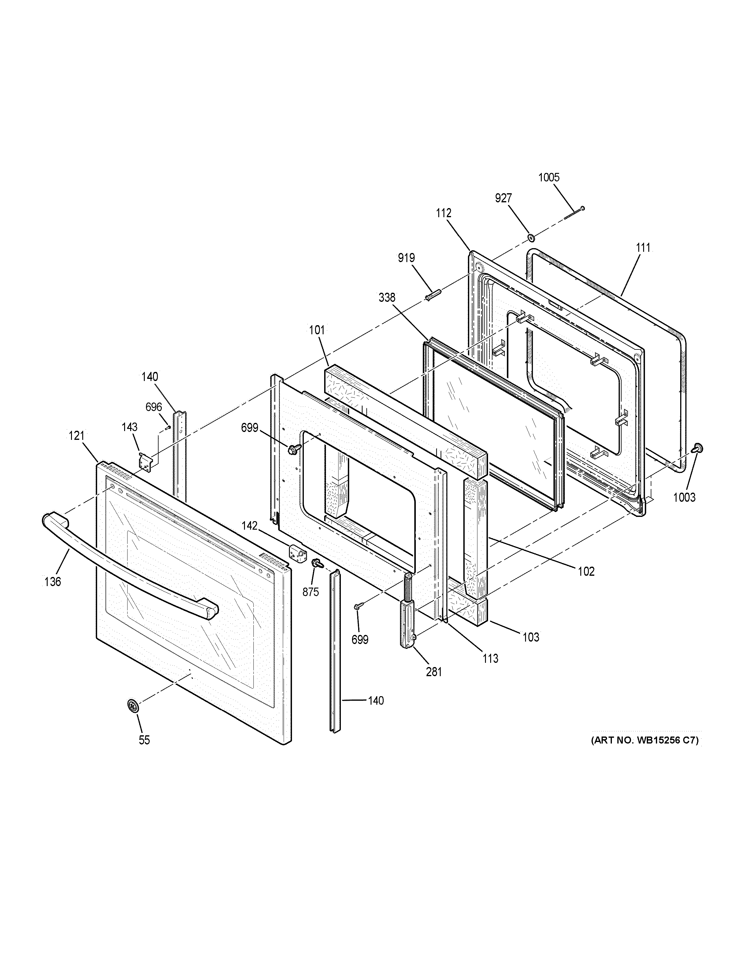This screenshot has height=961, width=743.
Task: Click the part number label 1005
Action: [548, 177]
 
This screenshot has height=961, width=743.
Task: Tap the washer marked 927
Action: [531, 238]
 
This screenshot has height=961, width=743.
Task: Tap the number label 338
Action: [387, 298]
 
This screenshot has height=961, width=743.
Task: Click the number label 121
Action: [76, 436]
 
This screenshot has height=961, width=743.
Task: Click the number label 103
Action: [531, 637]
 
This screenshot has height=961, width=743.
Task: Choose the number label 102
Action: [586, 571]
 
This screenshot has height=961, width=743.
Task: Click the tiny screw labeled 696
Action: [168, 427]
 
